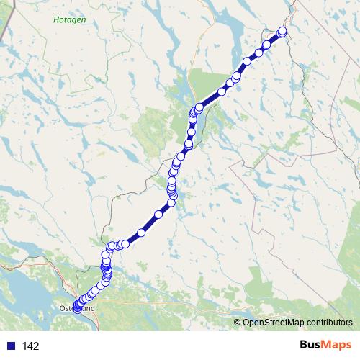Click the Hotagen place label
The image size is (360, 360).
click(x=69, y=21)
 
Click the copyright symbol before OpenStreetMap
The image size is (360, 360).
click(x=238, y=323)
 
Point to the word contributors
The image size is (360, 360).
click(x=328, y=323)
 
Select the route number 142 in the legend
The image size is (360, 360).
click(x=31, y=346)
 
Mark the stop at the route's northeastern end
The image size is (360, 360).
click(x=282, y=31)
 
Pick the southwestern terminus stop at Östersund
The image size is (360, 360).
click(x=77, y=310)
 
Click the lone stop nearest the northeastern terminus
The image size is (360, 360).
click(x=267, y=44)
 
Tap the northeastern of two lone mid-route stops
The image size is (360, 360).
click(x=158, y=215)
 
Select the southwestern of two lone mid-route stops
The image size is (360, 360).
click(x=141, y=233)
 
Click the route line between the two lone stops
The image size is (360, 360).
click(x=150, y=224)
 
